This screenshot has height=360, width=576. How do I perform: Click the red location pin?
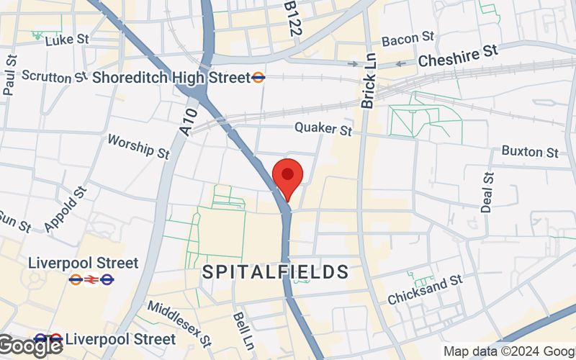288,177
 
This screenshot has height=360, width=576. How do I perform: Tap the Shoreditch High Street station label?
171,77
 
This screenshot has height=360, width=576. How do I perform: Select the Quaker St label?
323,130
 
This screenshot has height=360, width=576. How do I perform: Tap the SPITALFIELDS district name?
276,272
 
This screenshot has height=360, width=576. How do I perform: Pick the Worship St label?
138,145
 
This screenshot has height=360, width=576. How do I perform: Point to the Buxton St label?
530,152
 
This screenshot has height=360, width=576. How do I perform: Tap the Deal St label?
487,192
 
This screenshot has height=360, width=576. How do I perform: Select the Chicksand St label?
424,289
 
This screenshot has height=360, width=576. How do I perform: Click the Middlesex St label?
179,322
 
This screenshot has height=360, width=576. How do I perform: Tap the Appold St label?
65,209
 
